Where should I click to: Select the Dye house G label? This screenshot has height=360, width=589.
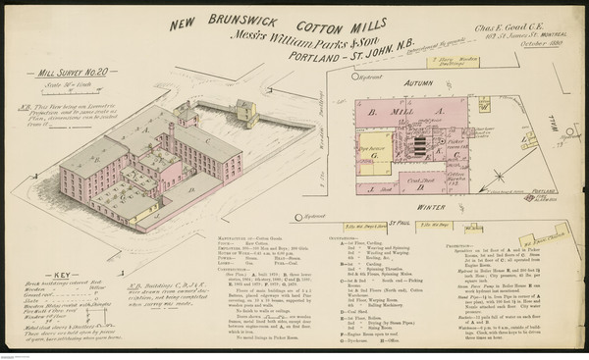[374, 153]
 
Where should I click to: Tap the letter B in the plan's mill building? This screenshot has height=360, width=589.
[372, 112]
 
